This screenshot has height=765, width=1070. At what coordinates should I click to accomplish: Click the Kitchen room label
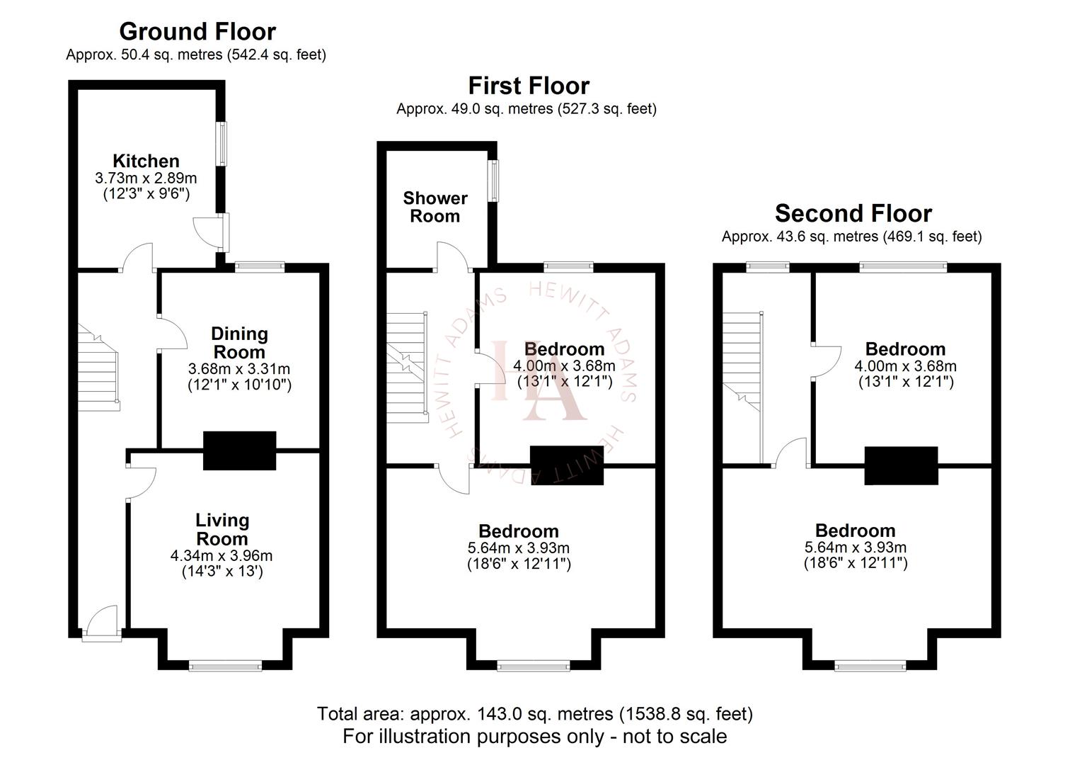pyautogui.click(x=146, y=161)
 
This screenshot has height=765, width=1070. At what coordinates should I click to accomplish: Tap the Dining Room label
pyautogui.click(x=239, y=343)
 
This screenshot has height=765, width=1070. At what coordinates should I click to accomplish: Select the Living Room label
pyautogui.click(x=222, y=529)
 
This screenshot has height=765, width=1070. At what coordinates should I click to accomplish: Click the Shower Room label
pyautogui.click(x=435, y=207)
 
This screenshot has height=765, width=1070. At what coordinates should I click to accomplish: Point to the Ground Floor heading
pyautogui.click(x=197, y=31)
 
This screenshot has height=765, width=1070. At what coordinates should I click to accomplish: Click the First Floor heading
pyautogui.click(x=529, y=86)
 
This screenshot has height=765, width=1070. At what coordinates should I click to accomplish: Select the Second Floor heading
pyautogui.click(x=853, y=213)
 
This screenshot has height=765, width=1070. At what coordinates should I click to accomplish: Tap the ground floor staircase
pyautogui.click(x=98, y=368)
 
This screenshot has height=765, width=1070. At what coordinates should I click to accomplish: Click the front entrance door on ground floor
pyautogui.click(x=100, y=623)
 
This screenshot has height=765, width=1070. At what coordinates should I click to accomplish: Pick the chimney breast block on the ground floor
pyautogui.click(x=239, y=450)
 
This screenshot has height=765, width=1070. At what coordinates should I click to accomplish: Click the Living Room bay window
pyautogui.click(x=226, y=665)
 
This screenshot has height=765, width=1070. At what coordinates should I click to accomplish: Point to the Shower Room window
pyautogui.click(x=495, y=181)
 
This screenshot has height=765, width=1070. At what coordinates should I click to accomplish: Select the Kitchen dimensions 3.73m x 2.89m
pyautogui.click(x=146, y=178)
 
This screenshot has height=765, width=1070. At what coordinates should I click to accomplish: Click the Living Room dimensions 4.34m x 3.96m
pyautogui.click(x=222, y=556)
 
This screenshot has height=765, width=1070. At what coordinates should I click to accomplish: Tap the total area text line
pyautogui.click(x=534, y=714)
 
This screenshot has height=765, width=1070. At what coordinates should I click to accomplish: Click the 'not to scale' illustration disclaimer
pyautogui.click(x=534, y=737)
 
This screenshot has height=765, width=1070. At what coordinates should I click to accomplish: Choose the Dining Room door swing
pyautogui.click(x=171, y=333)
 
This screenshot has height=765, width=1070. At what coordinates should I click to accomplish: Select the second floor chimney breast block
pyautogui.click(x=901, y=465)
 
